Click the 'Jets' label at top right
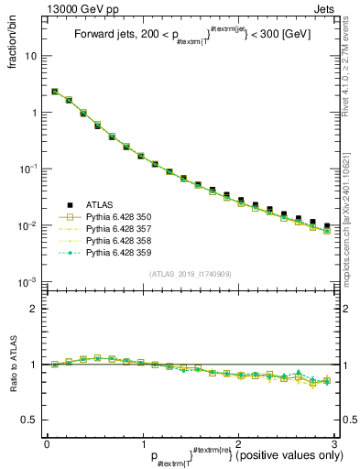(x=326, y=8)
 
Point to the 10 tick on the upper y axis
(x=30, y=56)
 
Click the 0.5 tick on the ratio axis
(x=28, y=420)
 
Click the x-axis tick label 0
(x=47, y=442)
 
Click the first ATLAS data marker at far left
(x=55, y=92)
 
